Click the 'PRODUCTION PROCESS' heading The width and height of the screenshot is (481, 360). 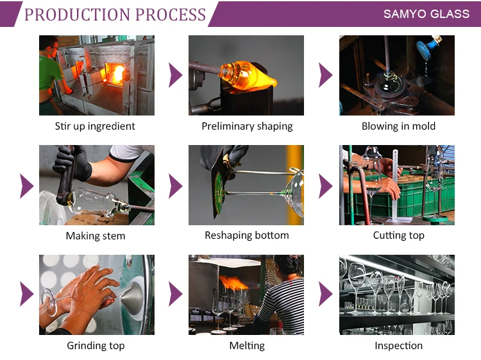[x=115, y=14]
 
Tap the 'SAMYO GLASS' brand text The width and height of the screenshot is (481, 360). [x=426, y=13]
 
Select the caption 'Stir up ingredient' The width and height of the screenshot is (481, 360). [x=95, y=126]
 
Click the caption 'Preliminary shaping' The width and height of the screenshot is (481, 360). [x=247, y=126]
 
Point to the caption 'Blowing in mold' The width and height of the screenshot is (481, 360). [x=398, y=126]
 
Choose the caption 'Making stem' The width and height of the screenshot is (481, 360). [x=96, y=236]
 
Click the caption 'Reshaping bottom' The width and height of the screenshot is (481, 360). [x=247, y=236]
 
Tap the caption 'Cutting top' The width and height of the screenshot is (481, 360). [x=398, y=236]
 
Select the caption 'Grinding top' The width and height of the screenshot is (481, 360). [x=96, y=346]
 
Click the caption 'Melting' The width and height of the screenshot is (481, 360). [x=247, y=346]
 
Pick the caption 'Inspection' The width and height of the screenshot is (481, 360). [x=398, y=346]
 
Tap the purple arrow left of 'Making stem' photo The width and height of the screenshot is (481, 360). [x=26, y=185]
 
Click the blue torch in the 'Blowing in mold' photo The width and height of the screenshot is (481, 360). [x=424, y=47]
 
